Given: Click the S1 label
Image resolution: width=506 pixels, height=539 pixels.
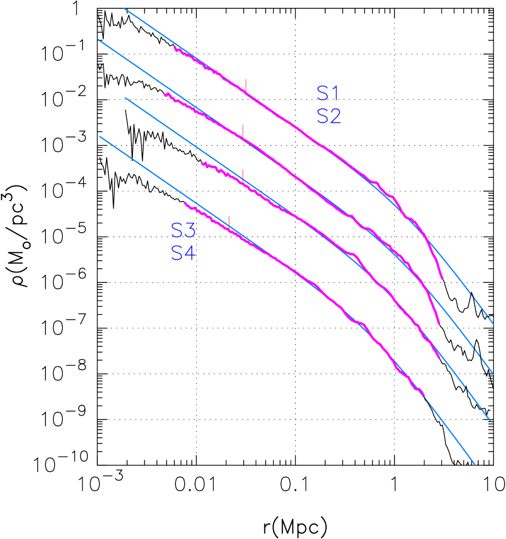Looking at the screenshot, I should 328,94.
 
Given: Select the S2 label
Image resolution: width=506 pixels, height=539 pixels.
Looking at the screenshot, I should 329,116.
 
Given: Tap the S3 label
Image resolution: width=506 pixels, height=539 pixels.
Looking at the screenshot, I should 183,231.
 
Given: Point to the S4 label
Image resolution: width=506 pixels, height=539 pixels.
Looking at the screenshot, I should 183,253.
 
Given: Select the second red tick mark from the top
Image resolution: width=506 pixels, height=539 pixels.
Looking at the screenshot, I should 243,131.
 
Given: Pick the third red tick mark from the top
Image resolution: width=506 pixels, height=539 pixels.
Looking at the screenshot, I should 243,175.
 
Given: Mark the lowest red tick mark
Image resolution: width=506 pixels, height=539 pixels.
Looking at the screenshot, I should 229,221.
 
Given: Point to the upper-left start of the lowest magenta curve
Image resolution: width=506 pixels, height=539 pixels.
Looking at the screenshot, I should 185,203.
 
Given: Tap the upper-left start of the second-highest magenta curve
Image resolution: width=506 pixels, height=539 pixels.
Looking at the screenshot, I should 165,94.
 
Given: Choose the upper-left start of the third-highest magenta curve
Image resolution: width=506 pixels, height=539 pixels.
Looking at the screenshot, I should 202,163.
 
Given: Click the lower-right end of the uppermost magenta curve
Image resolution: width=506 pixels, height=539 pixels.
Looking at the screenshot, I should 442,279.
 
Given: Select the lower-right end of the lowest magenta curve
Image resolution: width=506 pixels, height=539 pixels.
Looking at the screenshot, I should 424,395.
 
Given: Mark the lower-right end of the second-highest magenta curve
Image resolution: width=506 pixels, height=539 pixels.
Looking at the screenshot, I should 439,323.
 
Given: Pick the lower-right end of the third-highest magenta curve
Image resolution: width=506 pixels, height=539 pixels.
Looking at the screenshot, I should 439,358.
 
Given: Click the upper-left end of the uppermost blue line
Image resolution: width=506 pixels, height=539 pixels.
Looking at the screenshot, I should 124,8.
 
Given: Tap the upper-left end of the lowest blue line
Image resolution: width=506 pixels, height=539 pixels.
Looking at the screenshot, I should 99,137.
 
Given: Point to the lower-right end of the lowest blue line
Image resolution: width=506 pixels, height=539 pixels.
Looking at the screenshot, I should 475,465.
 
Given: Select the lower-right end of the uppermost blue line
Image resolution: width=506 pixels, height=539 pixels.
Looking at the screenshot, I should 493,324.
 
